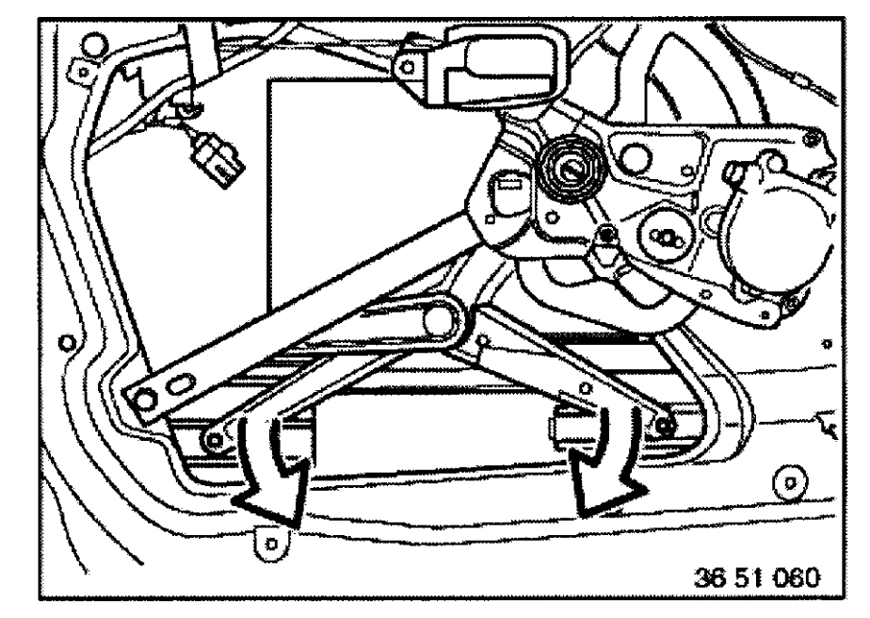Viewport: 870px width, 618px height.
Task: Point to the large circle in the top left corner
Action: tap(95, 46)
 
